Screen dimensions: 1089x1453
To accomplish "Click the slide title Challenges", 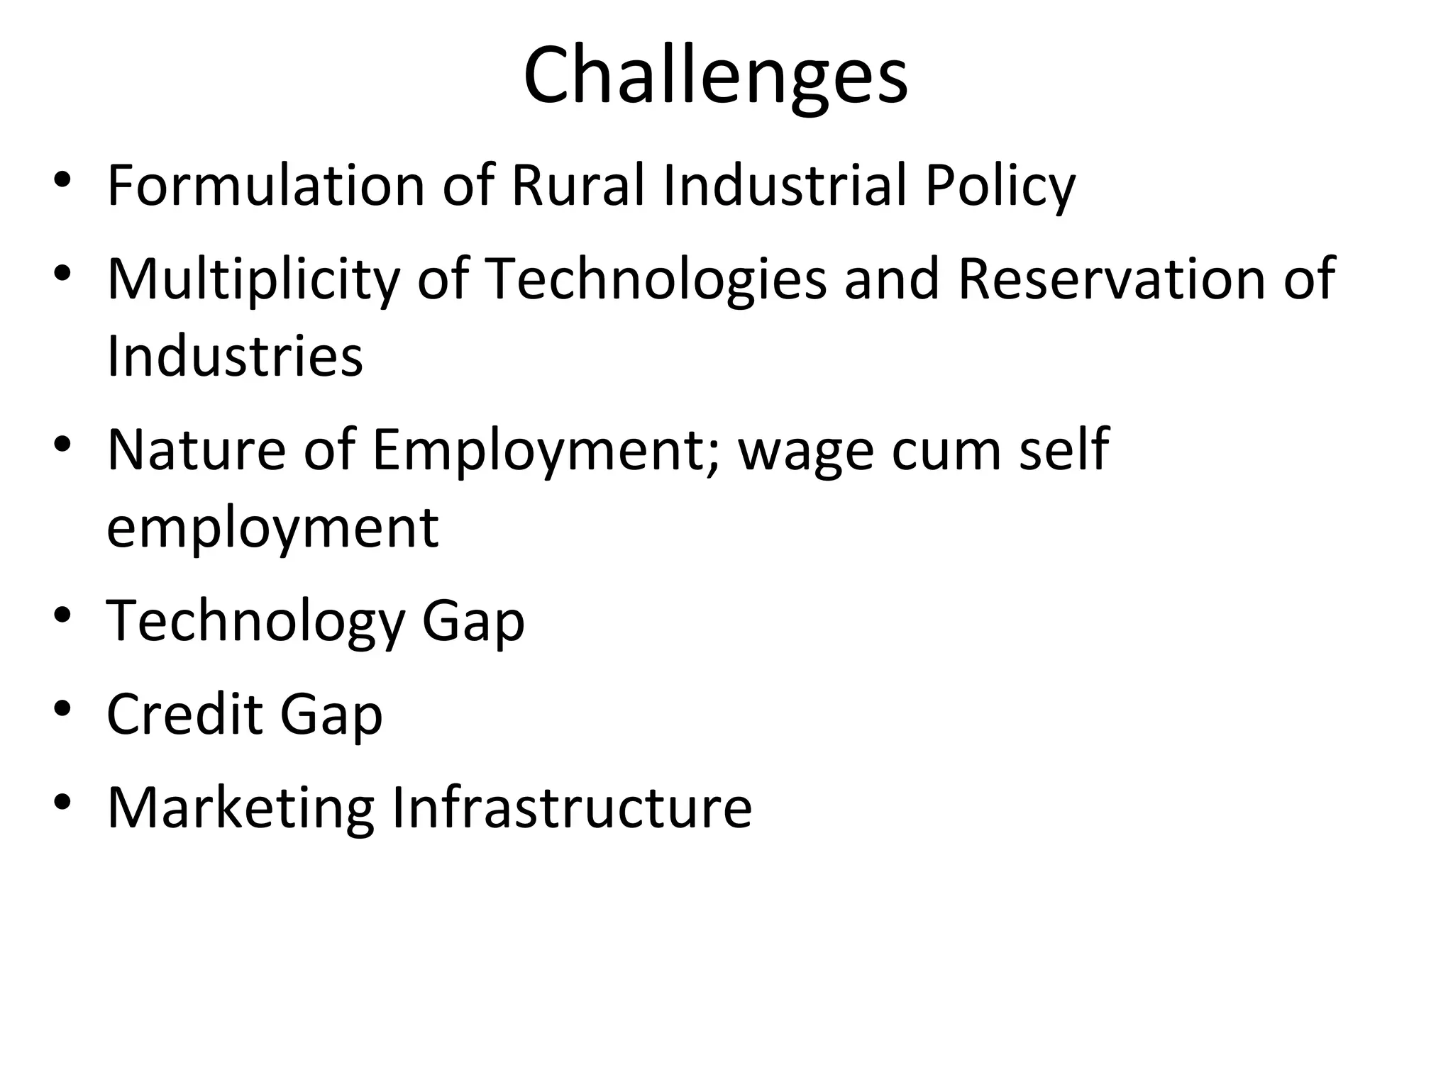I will (x=715, y=77).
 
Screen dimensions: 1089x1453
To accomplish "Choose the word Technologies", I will (x=656, y=279).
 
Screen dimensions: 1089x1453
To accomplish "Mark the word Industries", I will (x=235, y=355).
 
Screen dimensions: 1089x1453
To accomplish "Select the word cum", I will (x=946, y=450).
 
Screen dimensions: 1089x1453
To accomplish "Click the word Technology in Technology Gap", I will (x=255, y=621).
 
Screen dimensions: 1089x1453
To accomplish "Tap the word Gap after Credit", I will (x=331, y=715).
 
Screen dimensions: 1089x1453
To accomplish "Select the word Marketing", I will (x=241, y=808).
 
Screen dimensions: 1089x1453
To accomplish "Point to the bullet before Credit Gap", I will (x=62, y=708).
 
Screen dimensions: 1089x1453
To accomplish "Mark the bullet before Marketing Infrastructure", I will (x=62, y=801).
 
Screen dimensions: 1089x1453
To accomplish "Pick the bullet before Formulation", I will (x=62, y=179).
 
